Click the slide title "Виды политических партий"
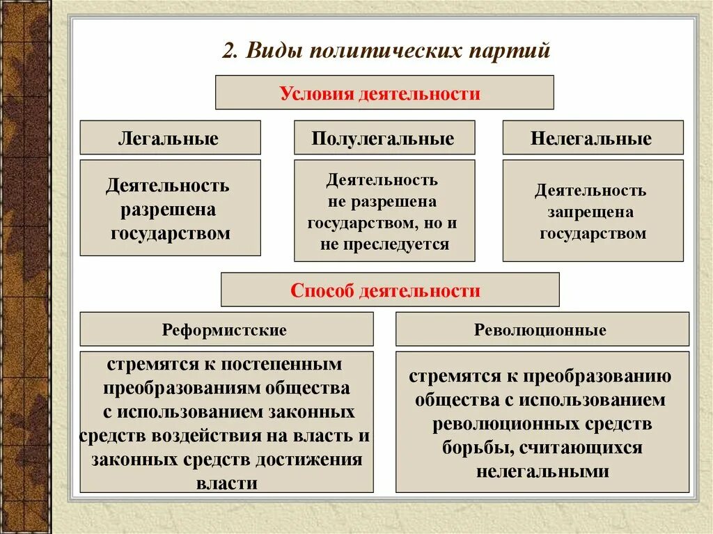387,52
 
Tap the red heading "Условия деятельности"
384,93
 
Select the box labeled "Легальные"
170,138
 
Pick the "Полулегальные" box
384,138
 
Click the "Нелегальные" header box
593,138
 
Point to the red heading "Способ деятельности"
389,290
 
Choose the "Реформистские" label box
226,329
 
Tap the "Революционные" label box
542,329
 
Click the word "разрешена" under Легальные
169,210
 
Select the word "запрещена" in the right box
593,212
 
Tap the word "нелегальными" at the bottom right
542,471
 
